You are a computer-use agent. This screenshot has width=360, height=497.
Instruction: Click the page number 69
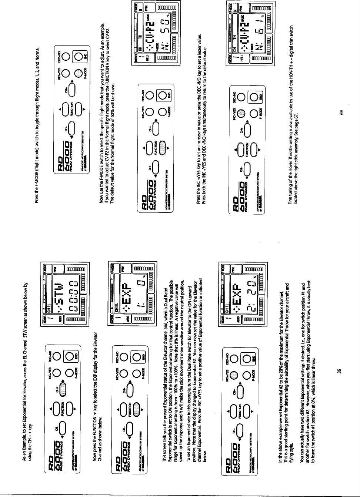(342, 112)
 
